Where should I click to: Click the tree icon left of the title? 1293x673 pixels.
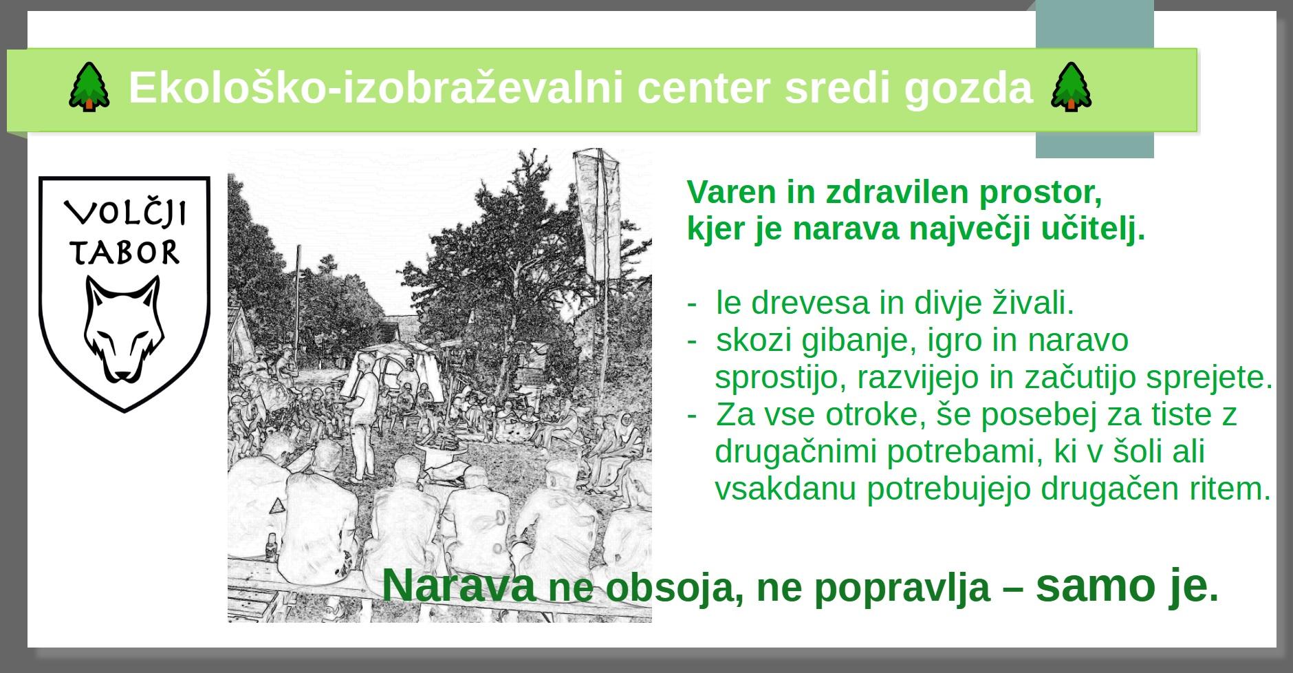click(89, 87)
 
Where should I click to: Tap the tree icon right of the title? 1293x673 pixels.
click(1071, 87)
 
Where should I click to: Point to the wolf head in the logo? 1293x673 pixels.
click(124, 329)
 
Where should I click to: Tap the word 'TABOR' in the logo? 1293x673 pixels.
click(124, 253)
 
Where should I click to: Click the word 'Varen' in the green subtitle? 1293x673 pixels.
click(732, 192)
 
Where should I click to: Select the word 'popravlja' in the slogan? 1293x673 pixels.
click(903, 588)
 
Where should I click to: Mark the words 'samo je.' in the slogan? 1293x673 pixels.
click(1127, 585)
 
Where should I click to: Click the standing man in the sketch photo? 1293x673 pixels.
click(362, 417)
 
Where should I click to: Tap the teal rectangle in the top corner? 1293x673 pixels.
click(1095, 79)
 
